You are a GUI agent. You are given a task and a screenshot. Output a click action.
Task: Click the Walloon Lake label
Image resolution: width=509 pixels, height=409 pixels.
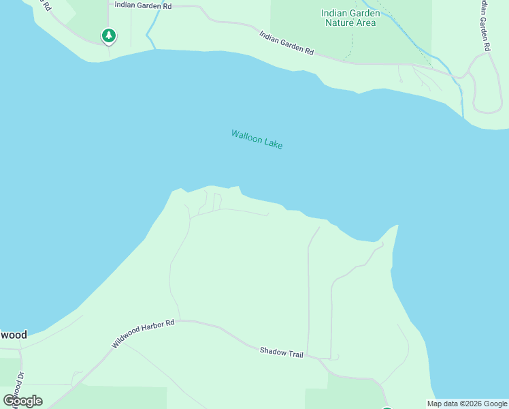pos(257,139)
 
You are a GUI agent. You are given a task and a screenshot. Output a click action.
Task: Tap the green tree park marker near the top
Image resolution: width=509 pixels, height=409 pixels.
pos(108,35)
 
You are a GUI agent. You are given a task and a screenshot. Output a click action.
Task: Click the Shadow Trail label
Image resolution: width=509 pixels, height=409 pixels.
pos(281,352)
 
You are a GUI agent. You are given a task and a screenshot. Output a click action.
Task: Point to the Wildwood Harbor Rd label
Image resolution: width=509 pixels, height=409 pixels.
pos(143,334)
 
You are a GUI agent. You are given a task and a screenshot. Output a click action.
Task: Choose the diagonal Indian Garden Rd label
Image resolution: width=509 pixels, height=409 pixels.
pos(286,42)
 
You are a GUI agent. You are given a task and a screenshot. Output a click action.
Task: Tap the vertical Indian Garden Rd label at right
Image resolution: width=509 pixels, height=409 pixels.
pos(484,26)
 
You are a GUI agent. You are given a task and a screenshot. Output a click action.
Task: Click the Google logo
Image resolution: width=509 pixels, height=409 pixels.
pos(22,400)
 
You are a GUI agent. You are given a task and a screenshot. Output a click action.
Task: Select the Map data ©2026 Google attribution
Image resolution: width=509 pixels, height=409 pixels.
pos(467,404)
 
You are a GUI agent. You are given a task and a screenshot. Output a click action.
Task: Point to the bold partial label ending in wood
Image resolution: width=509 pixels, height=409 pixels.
pos(14,335)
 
